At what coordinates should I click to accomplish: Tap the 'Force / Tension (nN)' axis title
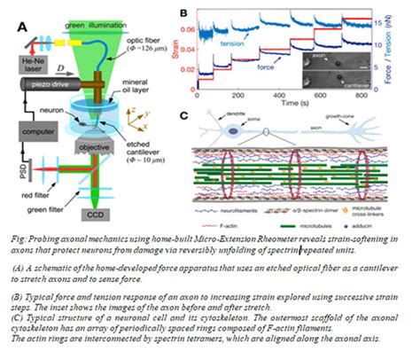tap(415, 51)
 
